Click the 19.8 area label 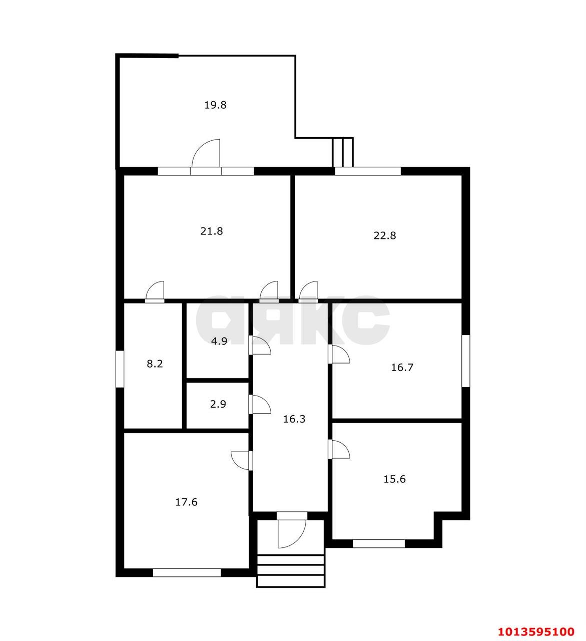click(x=215, y=105)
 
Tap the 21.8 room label click(x=211, y=231)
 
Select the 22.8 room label click(x=384, y=235)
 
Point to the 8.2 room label click(x=155, y=364)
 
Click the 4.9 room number click(x=219, y=341)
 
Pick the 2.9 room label click(x=218, y=404)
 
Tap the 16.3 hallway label click(x=294, y=419)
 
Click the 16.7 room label click(x=402, y=367)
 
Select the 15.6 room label click(x=394, y=479)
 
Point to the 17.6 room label click(x=186, y=502)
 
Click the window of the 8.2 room click(x=120, y=369)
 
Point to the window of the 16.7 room click(x=466, y=361)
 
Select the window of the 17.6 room click(x=187, y=572)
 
